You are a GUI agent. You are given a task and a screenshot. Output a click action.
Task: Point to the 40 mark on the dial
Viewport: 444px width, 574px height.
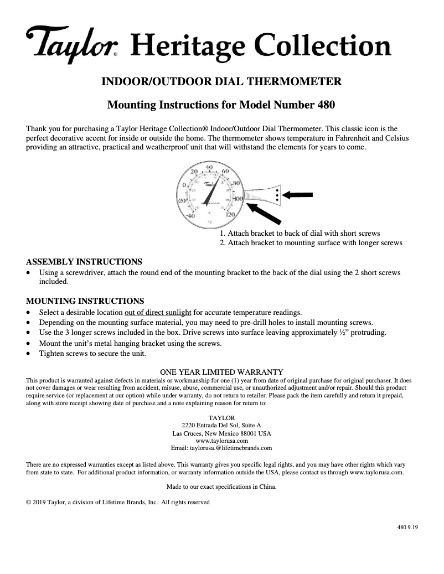click(209, 167)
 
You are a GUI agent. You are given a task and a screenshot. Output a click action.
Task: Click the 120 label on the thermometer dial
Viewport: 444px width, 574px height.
click(231, 214)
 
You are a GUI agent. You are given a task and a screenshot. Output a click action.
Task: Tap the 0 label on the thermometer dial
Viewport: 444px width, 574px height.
click(184, 185)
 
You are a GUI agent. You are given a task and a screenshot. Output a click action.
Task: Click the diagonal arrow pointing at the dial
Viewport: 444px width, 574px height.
click(269, 216)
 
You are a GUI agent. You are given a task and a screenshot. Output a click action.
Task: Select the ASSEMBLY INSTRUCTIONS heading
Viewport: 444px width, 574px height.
click(84, 261)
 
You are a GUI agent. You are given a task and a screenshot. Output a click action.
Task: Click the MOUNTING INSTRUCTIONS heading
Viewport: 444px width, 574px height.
click(85, 301)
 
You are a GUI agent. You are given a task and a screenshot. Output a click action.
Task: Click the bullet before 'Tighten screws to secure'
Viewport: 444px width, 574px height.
click(29, 354)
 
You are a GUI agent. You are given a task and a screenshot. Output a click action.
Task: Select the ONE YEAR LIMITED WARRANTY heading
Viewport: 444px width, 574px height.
click(221, 372)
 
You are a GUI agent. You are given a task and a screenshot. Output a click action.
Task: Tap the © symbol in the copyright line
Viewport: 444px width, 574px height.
click(29, 502)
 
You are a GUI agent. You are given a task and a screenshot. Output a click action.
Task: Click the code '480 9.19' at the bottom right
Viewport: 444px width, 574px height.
click(407, 527)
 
